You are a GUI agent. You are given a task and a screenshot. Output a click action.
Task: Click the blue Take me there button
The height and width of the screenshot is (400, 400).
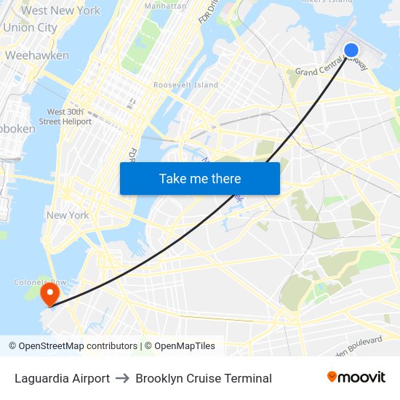pos(200,178)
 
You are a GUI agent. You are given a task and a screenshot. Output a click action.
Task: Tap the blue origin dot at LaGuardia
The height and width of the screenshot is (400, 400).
pos(351,50)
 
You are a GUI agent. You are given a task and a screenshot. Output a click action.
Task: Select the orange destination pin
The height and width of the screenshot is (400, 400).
pos(49,294)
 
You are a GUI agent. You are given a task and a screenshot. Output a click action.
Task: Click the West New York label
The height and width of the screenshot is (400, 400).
pos(61,10)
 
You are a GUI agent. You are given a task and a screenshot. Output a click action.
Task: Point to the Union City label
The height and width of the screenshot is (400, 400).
pos(30,28)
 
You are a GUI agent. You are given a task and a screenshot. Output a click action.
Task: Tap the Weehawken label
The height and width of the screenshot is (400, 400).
pos(37,55)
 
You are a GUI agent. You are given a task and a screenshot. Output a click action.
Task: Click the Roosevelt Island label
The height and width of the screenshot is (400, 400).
pos(185,85)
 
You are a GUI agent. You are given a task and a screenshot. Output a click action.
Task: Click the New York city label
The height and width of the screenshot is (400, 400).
pos(68,215)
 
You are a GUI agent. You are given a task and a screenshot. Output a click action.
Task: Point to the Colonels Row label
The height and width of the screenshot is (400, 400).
pos(41,282)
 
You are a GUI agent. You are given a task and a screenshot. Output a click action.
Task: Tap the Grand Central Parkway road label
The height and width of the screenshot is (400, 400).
pos(331,70)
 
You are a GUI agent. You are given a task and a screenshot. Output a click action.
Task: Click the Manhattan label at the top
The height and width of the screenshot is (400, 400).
pos(166,5)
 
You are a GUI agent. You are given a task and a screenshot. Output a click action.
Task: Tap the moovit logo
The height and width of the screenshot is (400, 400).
pos(356,377)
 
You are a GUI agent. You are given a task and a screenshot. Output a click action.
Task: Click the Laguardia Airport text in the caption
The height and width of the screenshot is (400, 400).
pos(62,378)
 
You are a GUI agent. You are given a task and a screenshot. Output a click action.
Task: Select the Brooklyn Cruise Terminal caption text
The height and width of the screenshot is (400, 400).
pos(204,378)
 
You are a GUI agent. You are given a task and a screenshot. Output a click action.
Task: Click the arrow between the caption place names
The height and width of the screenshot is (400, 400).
pos(122,378)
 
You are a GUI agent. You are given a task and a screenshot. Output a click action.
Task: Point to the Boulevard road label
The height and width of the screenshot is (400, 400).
pos(361,343)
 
